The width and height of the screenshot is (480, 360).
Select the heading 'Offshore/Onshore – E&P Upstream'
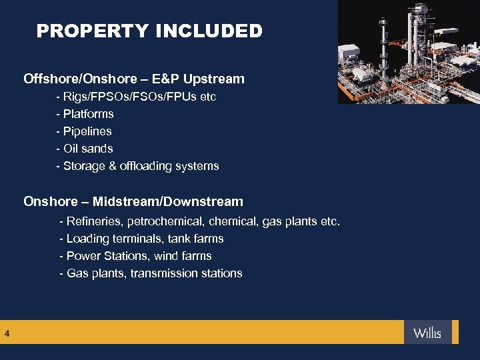pyautogui.click(x=134, y=79)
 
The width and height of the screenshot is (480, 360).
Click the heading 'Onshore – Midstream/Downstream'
pyautogui.click(x=133, y=201)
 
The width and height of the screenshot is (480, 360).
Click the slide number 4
pyautogui.click(x=7, y=333)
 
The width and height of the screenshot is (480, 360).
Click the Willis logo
pyautogui.click(x=427, y=333)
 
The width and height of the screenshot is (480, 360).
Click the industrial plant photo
pyautogui.click(x=408, y=52)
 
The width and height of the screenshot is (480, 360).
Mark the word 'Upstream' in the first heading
pyautogui.click(x=217, y=79)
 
